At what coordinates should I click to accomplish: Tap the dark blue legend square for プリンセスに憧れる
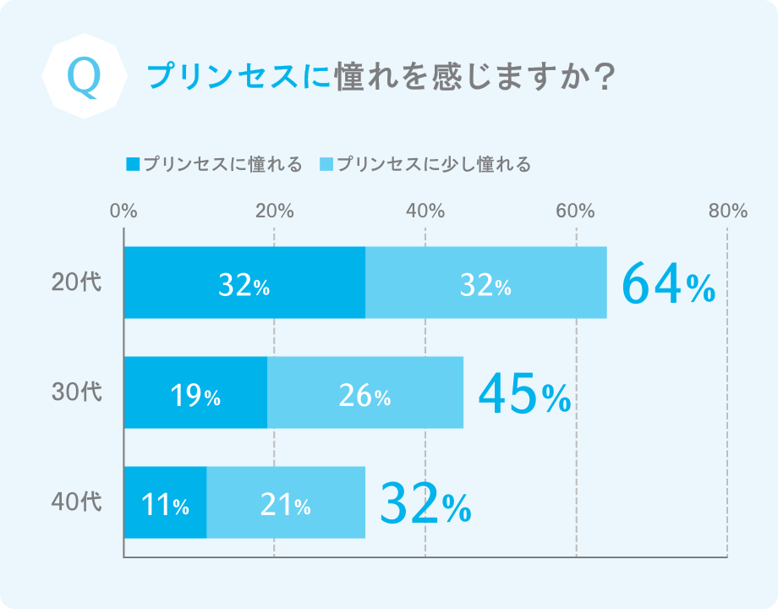point(132,164)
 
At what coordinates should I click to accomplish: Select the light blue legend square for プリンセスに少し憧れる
point(326,164)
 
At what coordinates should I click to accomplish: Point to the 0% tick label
point(123,211)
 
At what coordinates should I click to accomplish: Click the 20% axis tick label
point(274,211)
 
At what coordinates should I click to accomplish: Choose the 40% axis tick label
point(425,211)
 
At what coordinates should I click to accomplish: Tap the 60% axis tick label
point(576,211)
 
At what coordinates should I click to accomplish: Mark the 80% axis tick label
point(727,211)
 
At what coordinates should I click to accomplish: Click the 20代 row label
point(76,283)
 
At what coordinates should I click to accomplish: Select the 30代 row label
point(76,392)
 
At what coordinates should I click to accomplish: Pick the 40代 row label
point(76,502)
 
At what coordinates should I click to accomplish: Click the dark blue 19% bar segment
point(195,392)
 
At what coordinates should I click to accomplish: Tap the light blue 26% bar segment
point(364,392)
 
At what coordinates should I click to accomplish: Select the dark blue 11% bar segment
point(165,502)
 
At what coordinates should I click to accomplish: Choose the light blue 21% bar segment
point(286,502)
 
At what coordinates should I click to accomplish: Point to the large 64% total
point(668,285)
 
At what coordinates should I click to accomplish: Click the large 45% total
point(524,395)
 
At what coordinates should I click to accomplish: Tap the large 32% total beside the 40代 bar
point(425,504)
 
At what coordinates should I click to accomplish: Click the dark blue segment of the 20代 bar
point(244,283)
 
